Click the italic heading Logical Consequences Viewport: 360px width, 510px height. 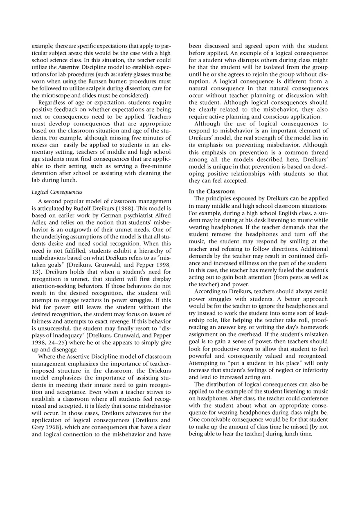[x=57, y=192]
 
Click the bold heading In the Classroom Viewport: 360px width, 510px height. [x=211, y=191]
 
